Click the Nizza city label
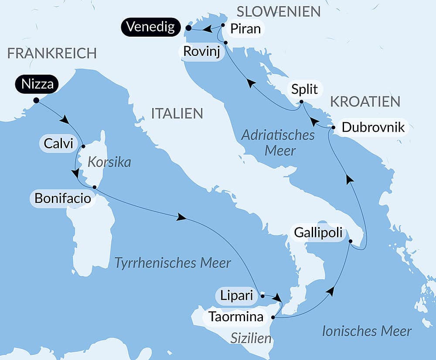(x=37, y=84)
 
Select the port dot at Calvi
(x=83, y=146)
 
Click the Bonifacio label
(x=63, y=199)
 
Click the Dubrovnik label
(x=373, y=127)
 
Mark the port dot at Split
(x=301, y=102)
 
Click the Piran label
(x=245, y=29)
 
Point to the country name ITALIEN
(x=177, y=113)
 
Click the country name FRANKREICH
(x=52, y=53)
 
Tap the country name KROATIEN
(x=365, y=101)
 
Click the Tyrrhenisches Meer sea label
(x=172, y=263)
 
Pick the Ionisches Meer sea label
(x=367, y=331)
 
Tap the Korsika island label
(x=109, y=162)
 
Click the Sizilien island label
(x=251, y=339)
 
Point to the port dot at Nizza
(x=36, y=100)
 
